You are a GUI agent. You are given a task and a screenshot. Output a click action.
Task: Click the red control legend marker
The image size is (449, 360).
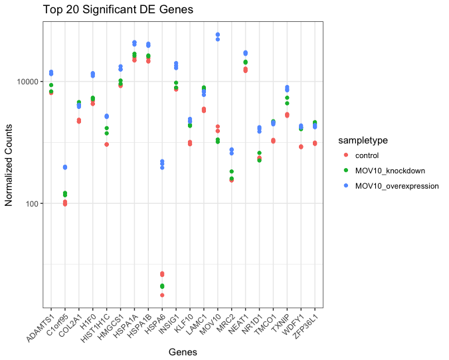click(x=345, y=156)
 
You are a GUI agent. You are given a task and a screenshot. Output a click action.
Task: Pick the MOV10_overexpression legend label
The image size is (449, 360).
click(x=397, y=186)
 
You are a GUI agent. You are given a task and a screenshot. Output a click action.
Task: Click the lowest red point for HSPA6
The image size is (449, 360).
click(x=162, y=295)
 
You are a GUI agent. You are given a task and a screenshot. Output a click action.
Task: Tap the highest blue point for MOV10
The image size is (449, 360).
click(x=218, y=35)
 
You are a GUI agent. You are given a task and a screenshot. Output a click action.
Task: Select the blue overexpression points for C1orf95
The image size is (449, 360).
click(x=64, y=167)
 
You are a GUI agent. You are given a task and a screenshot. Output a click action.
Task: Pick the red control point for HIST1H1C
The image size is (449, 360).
click(x=106, y=144)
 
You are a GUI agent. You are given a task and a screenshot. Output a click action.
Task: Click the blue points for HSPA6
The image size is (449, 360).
click(x=162, y=163)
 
